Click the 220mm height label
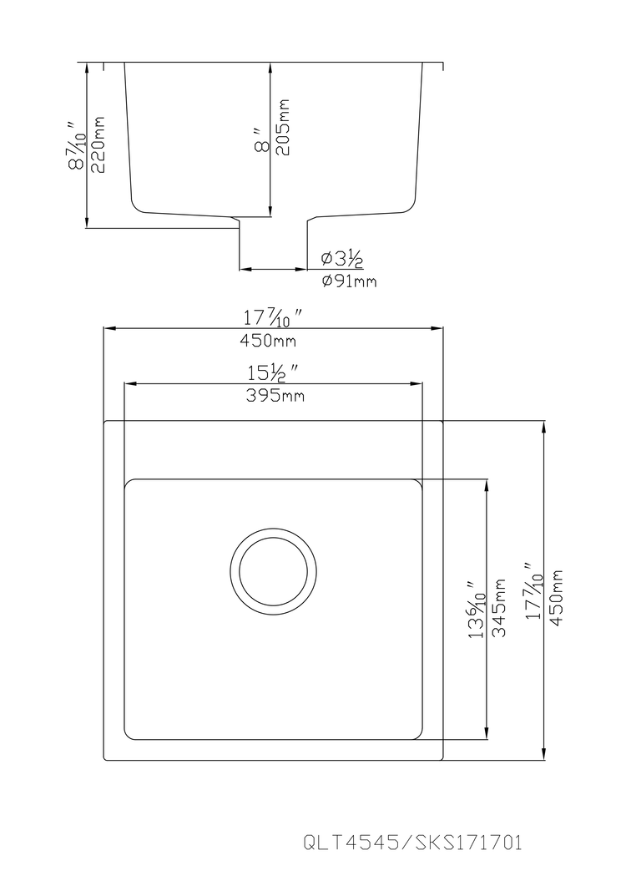[99, 144]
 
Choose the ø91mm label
[349, 281]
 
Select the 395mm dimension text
[273, 396]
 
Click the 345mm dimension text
[500, 608]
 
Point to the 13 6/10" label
[477, 610]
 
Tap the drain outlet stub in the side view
[273, 242]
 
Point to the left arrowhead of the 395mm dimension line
[129, 384]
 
